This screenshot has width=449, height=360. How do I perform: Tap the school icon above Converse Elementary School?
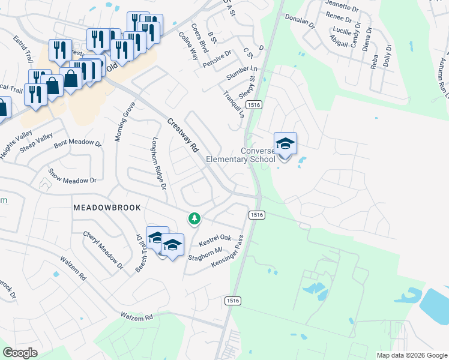[285, 144]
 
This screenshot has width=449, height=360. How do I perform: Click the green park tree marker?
[194, 218]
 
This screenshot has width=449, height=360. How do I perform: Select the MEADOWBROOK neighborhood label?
[107, 207]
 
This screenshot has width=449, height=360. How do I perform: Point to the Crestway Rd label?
[182, 136]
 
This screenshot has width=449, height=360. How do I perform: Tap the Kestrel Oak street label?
[215, 241]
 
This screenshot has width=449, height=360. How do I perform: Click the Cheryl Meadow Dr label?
[103, 250]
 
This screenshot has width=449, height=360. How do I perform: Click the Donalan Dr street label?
[300, 22]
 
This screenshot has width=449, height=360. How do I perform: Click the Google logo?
[20, 352]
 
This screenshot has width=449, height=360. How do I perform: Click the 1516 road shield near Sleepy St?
[254, 104]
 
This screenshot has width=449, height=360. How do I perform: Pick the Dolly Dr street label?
[388, 56]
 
